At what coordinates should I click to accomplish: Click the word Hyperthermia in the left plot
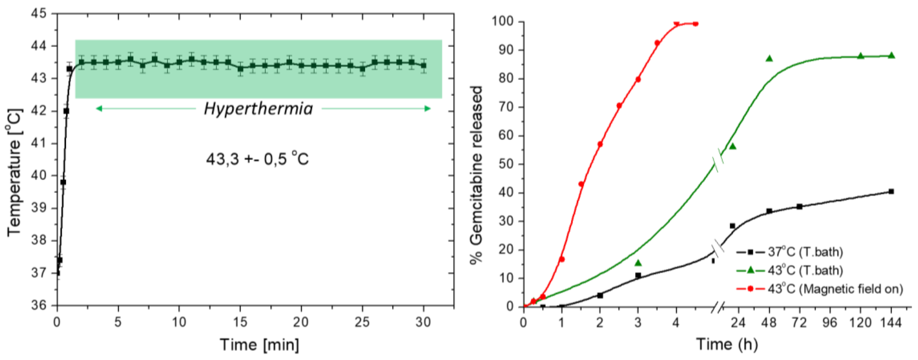(x=258, y=109)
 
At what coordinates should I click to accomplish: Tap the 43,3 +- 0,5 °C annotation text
(x=257, y=159)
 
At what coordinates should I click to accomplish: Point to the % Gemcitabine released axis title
(x=476, y=175)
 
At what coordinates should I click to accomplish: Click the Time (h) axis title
(x=727, y=344)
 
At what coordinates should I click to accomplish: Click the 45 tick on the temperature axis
(x=39, y=14)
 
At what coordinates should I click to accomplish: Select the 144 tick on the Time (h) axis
(x=891, y=322)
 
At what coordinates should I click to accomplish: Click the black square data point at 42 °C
(x=66, y=111)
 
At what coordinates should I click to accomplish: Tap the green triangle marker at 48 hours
(x=769, y=58)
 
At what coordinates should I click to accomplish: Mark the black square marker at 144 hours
(x=891, y=191)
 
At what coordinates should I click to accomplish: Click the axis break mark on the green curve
(x=718, y=164)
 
